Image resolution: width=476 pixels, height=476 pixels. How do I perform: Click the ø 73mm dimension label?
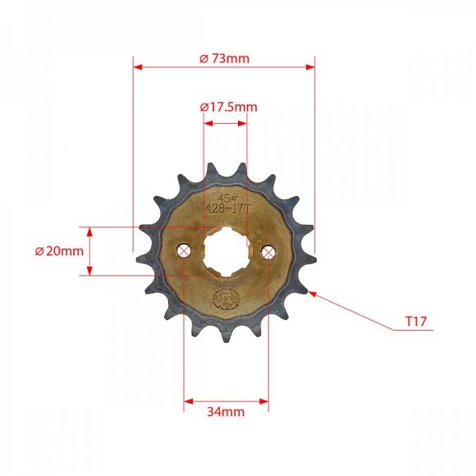[224, 57]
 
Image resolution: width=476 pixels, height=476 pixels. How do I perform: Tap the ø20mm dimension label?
[59, 251]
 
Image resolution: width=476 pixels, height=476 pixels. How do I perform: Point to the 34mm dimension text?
[227, 412]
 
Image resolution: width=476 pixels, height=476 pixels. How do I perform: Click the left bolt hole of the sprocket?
[184, 251]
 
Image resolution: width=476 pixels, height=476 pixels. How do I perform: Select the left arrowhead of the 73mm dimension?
[138, 66]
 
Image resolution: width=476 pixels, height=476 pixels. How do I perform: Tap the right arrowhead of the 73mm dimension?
[310, 66]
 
